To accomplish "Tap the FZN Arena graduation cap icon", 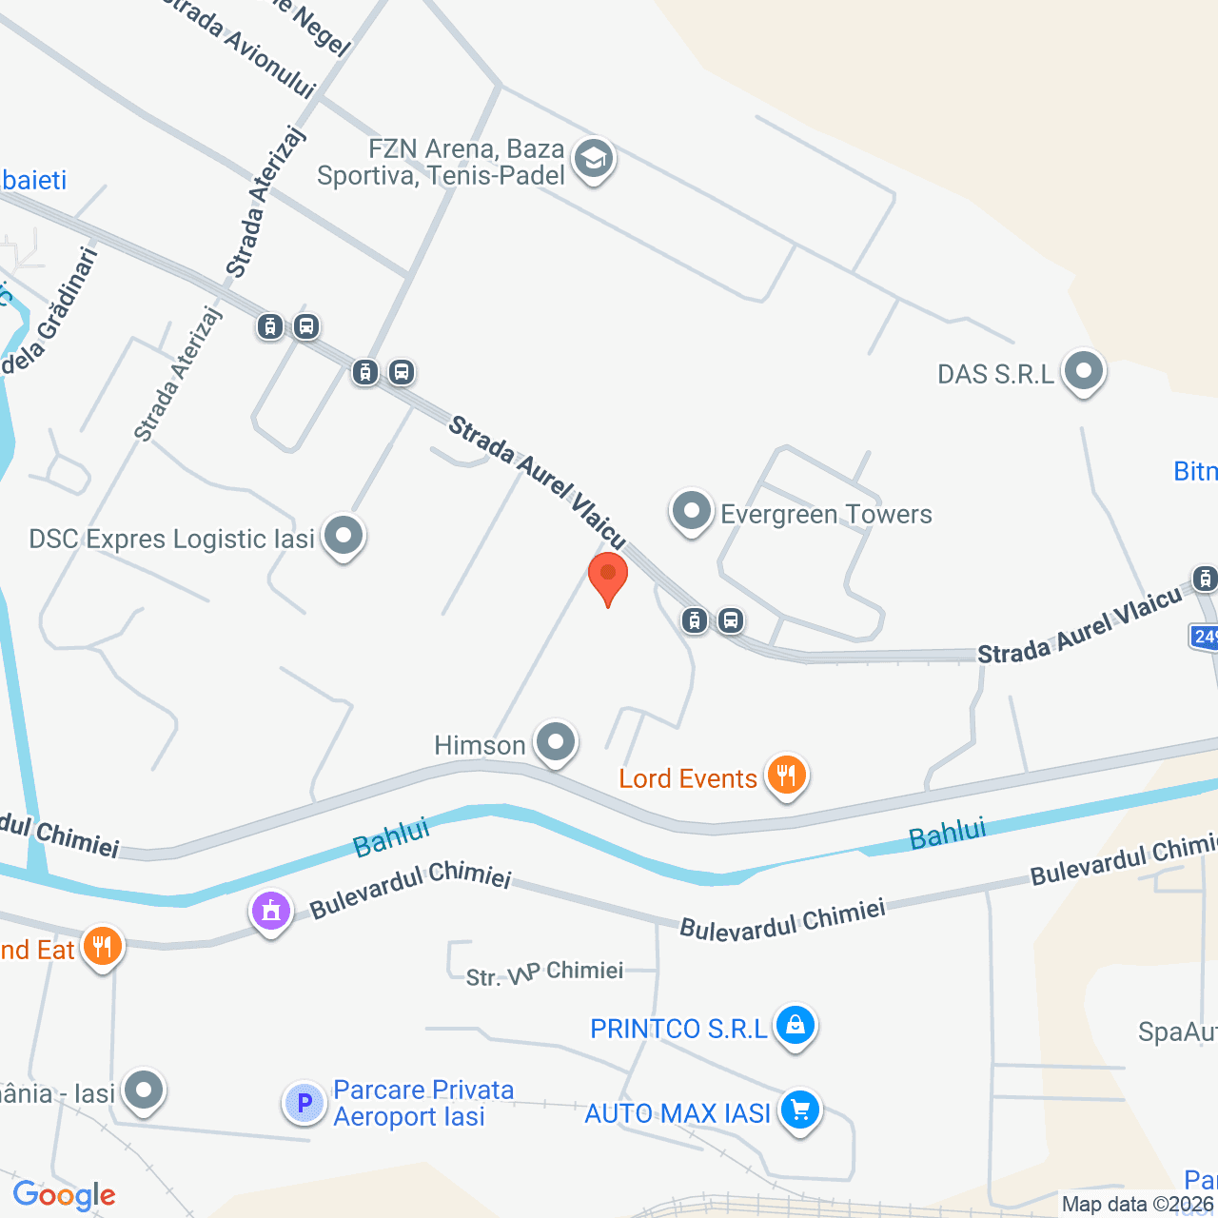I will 594,160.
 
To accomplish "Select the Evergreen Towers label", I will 825,515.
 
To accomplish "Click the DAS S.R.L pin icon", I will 1083,371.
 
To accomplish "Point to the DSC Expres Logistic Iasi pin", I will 344,537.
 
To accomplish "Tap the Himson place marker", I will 556,742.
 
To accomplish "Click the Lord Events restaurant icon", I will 786,776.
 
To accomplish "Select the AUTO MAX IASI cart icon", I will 799,1110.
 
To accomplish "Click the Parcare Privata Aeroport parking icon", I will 304,1104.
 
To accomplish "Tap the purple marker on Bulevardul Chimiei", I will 271,912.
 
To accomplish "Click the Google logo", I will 65,1195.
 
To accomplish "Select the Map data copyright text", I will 1138,1205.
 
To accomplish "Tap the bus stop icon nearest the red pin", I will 730,621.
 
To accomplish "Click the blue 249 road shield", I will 1205,636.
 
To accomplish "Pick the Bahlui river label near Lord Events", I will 947,834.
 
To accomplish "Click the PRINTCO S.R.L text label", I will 678,1030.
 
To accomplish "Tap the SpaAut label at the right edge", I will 1177,1032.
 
